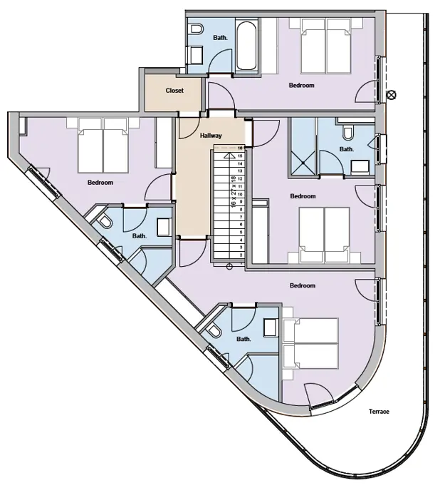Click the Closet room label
[x=174, y=91]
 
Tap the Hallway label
[x=211, y=136]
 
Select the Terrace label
[x=379, y=412]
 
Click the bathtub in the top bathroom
[x=246, y=47]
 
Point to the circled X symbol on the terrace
[x=391, y=94]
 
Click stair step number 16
[x=241, y=148]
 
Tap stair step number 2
[x=241, y=254]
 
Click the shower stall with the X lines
[x=303, y=146]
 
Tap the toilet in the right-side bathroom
[x=348, y=133]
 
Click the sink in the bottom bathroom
[x=271, y=327]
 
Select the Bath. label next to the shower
[x=346, y=150]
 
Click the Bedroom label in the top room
[x=301, y=86]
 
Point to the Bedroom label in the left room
[x=100, y=183]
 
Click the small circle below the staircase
[x=229, y=267]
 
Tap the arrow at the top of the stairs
[x=229, y=154]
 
